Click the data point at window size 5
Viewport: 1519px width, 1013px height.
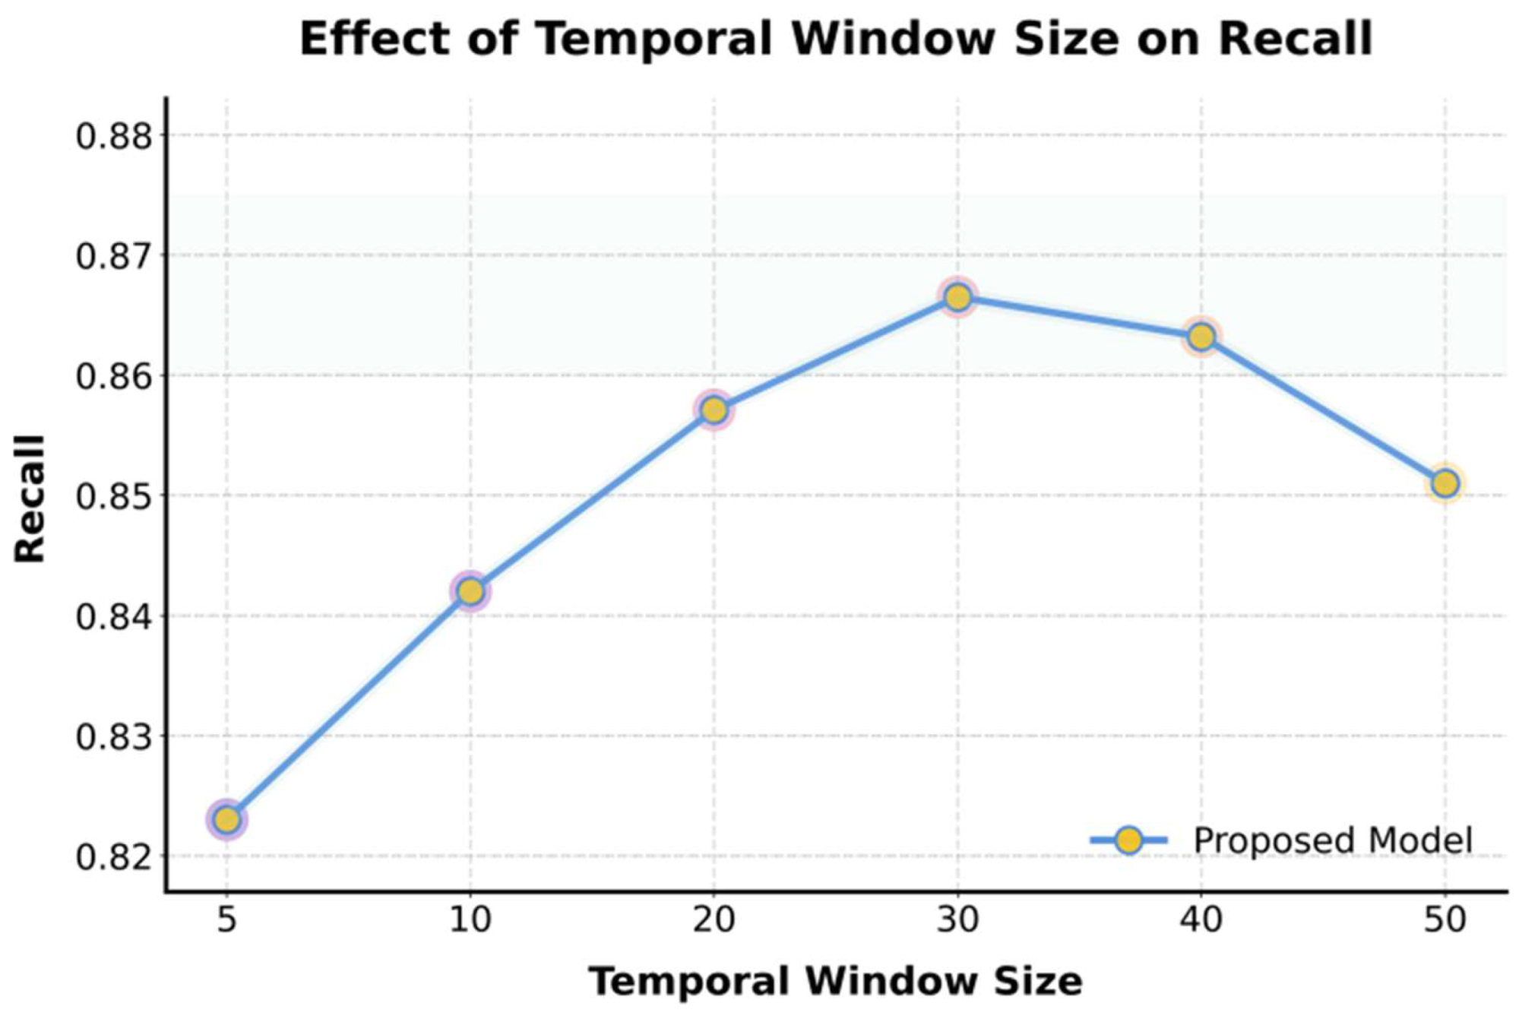226,819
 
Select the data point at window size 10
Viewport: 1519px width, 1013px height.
470,591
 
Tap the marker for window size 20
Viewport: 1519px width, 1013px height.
714,410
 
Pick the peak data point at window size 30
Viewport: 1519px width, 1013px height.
957,297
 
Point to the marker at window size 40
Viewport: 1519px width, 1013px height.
1201,337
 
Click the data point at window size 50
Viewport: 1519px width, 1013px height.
1445,483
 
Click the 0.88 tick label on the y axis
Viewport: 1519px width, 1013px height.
114,137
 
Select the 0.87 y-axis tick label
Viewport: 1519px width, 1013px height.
114,256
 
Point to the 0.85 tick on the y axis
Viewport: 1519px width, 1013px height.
114,496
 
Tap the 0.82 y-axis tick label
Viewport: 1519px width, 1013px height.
114,856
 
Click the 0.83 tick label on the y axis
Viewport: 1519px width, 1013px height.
114,736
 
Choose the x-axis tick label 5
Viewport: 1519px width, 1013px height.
226,920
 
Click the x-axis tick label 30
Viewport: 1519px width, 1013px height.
957,920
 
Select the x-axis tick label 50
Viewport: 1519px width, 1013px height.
1445,920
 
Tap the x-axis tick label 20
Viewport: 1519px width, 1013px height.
714,920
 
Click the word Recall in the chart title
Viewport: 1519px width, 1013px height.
1295,39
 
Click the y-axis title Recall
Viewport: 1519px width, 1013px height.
30,499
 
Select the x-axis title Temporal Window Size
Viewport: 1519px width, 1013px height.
835,981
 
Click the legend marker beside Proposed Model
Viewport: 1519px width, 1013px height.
1129,840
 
